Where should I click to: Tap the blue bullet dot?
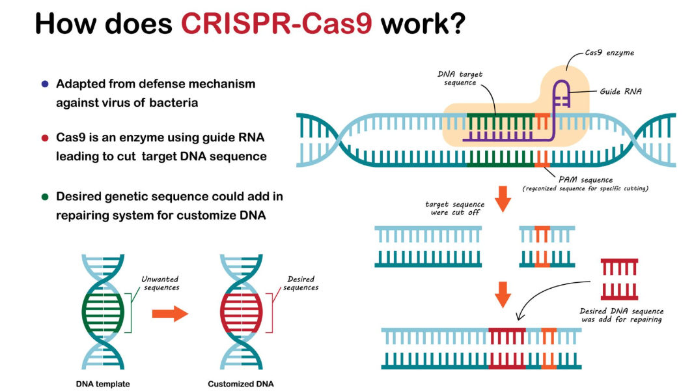[x=45, y=83]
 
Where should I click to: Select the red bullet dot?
[x=45, y=138]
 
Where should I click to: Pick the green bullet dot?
[x=45, y=197]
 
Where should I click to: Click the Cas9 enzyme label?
[x=609, y=53]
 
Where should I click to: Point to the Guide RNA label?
[x=620, y=92]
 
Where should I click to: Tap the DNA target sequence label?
[x=460, y=78]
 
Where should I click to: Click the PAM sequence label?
[x=585, y=180]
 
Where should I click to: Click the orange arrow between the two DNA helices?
[x=171, y=313]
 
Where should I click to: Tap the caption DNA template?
[x=103, y=384]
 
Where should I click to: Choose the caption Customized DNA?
[x=241, y=384]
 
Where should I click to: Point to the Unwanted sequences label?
[x=160, y=283]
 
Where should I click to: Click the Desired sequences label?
[x=301, y=283]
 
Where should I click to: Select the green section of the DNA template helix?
[x=103, y=313]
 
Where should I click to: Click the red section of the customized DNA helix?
[x=242, y=313]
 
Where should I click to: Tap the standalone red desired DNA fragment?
[x=619, y=280]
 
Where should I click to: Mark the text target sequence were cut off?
[x=455, y=209]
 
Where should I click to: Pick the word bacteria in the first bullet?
[x=173, y=103]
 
